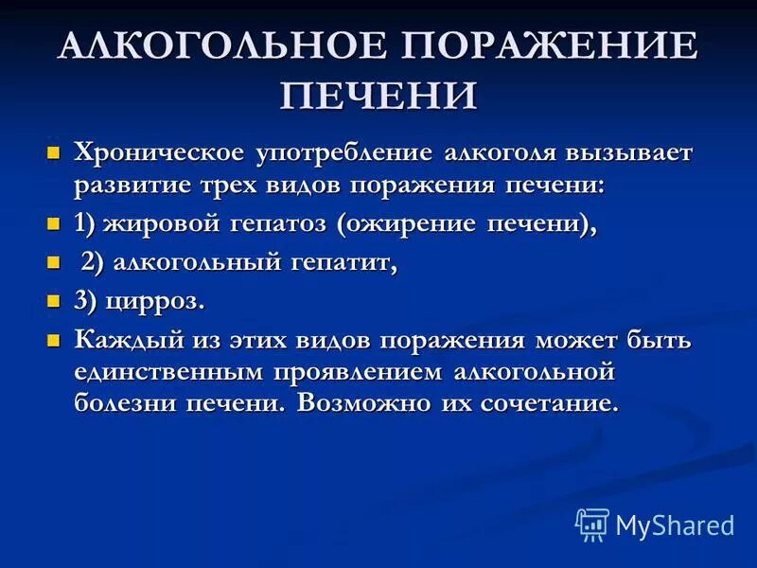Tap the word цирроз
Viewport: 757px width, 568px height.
pos(161,303)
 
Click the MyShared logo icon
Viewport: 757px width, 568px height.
pos(592,524)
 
